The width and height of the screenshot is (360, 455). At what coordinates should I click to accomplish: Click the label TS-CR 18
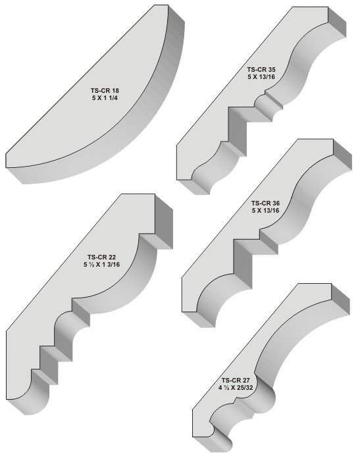point(105,90)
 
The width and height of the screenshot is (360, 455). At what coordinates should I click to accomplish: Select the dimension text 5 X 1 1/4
point(105,98)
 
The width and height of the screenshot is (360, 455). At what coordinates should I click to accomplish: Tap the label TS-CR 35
point(261,70)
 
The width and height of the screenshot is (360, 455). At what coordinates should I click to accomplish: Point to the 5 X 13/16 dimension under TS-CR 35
point(261,77)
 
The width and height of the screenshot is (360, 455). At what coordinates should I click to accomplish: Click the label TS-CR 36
point(265,203)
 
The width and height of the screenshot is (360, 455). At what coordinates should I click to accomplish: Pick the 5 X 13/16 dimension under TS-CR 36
point(265,210)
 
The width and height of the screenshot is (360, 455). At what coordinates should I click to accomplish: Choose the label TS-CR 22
point(101,257)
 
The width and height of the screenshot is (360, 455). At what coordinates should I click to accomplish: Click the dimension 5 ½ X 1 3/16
point(101,264)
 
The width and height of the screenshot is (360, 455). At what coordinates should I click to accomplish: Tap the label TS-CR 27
point(236,380)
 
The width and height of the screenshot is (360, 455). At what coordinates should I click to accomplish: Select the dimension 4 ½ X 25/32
point(236,387)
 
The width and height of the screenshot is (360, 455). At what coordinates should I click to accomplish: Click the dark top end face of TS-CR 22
point(164,221)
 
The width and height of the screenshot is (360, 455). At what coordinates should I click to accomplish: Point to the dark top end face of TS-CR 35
point(337,22)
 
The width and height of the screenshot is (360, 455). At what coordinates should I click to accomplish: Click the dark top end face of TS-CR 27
point(340,299)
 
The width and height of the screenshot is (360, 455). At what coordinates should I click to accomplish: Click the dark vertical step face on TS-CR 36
point(243,264)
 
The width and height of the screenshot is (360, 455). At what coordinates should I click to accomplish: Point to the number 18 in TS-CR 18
point(116,90)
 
